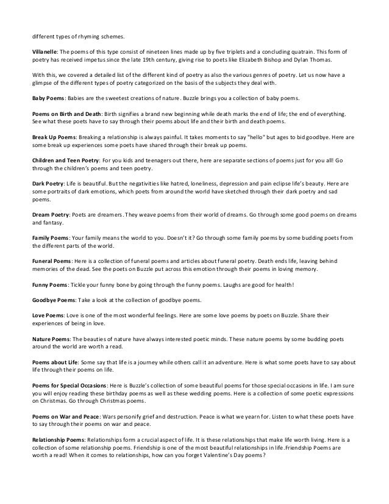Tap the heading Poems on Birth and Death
pyautogui.click(x=67, y=114)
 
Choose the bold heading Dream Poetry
pyautogui.click(x=50, y=217)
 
